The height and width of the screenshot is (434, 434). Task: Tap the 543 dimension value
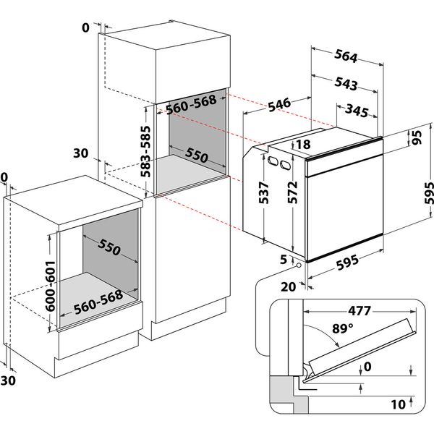pyautogui.click(x=346, y=85)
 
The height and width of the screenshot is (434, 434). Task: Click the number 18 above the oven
pyautogui.click(x=304, y=145)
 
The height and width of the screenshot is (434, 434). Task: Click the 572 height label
pyautogui.click(x=294, y=193)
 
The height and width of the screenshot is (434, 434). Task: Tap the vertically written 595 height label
pyautogui.click(x=426, y=192)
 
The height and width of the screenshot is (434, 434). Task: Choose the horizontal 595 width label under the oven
pyautogui.click(x=350, y=266)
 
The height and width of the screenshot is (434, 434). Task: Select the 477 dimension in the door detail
pyautogui.click(x=357, y=312)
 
